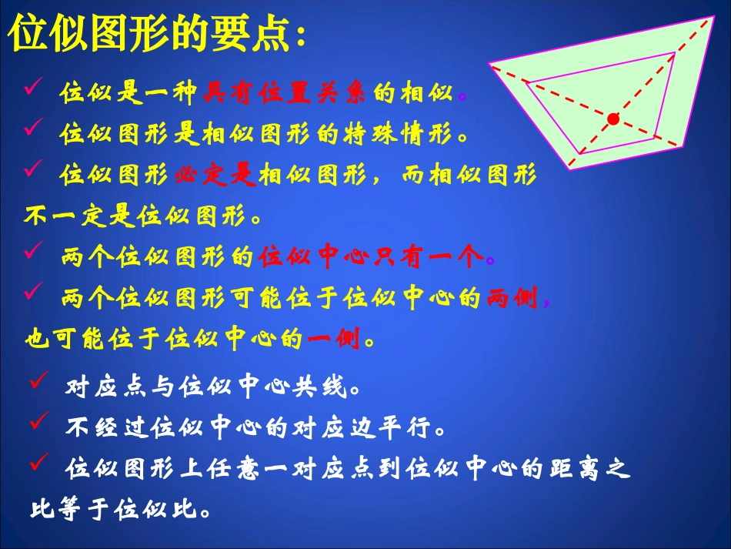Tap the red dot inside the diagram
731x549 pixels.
click(x=613, y=119)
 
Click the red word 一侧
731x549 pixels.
click(x=333, y=340)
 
